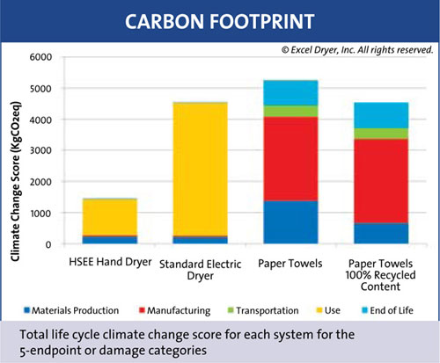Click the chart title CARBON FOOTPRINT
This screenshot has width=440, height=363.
click(220, 22)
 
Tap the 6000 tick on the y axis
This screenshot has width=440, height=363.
click(40, 57)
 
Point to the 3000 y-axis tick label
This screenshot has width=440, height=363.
click(40, 150)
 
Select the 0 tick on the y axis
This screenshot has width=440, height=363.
click(48, 244)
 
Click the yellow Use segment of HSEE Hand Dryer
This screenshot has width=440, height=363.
click(110, 217)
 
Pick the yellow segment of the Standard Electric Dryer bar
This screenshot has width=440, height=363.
click(200, 170)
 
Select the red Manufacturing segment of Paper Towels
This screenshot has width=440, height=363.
click(290, 159)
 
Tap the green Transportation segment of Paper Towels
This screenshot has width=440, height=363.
click(290, 111)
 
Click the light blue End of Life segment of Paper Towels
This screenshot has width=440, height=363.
click(290, 92)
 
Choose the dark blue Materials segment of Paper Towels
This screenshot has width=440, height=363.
click(290, 222)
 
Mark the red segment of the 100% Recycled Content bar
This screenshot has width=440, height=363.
click(381, 181)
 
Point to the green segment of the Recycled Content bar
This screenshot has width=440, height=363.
click(381, 134)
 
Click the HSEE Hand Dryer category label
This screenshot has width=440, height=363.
click(110, 262)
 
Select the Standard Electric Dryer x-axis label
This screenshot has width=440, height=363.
click(201, 270)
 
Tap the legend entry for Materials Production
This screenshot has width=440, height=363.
click(71, 310)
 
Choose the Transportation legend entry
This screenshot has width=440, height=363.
click(263, 310)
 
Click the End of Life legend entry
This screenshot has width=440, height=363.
click(387, 310)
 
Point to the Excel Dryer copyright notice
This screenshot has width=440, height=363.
click(357, 50)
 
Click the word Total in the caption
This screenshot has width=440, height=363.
click(34, 334)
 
